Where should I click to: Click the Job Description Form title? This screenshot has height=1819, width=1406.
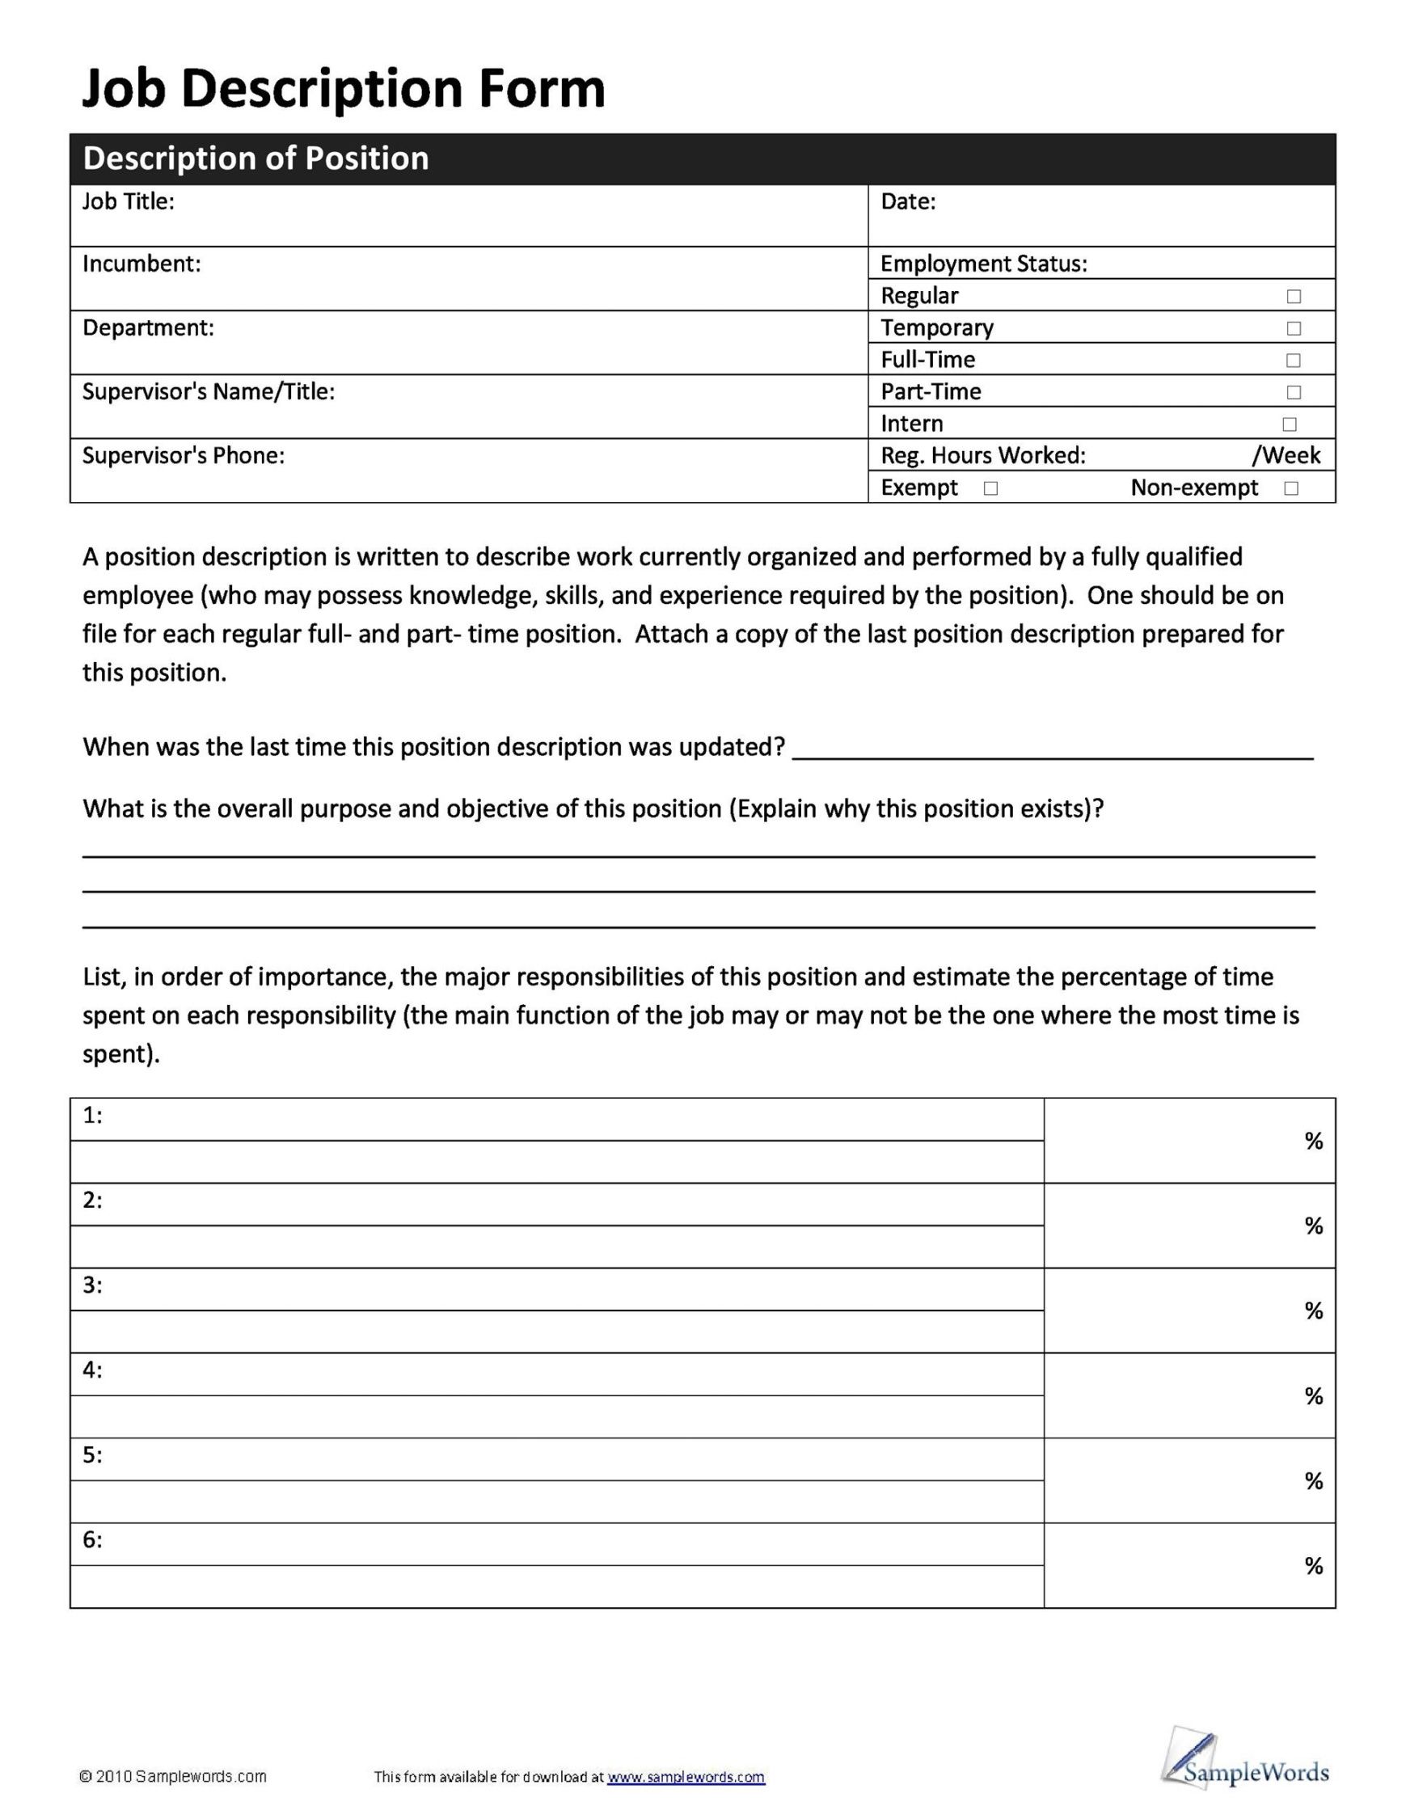click(x=343, y=89)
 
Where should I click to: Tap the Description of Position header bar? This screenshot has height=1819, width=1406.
click(x=702, y=158)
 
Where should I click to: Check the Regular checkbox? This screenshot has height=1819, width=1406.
click(x=1293, y=297)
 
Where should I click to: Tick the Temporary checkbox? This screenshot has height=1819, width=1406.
click(x=1293, y=328)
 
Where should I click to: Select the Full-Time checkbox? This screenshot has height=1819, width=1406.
click(x=1293, y=361)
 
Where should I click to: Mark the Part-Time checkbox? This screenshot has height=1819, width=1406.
click(x=1293, y=392)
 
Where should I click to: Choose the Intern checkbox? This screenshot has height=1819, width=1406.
click(x=1290, y=424)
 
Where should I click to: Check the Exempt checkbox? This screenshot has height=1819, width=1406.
click(x=990, y=489)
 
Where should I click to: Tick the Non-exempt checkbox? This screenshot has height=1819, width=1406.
click(x=1291, y=489)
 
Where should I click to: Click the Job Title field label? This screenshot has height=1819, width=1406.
click(x=129, y=201)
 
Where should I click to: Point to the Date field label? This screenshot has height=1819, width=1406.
click(x=908, y=201)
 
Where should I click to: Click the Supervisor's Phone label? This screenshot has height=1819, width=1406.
click(x=184, y=456)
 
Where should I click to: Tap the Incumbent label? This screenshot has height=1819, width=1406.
click(x=141, y=264)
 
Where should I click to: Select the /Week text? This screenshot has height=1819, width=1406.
click(x=1286, y=456)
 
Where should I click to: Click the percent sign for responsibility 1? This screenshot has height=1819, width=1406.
click(x=1314, y=1141)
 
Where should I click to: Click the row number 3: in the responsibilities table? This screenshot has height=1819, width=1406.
click(x=92, y=1285)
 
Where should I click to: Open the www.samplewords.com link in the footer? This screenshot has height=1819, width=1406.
click(x=686, y=1777)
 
